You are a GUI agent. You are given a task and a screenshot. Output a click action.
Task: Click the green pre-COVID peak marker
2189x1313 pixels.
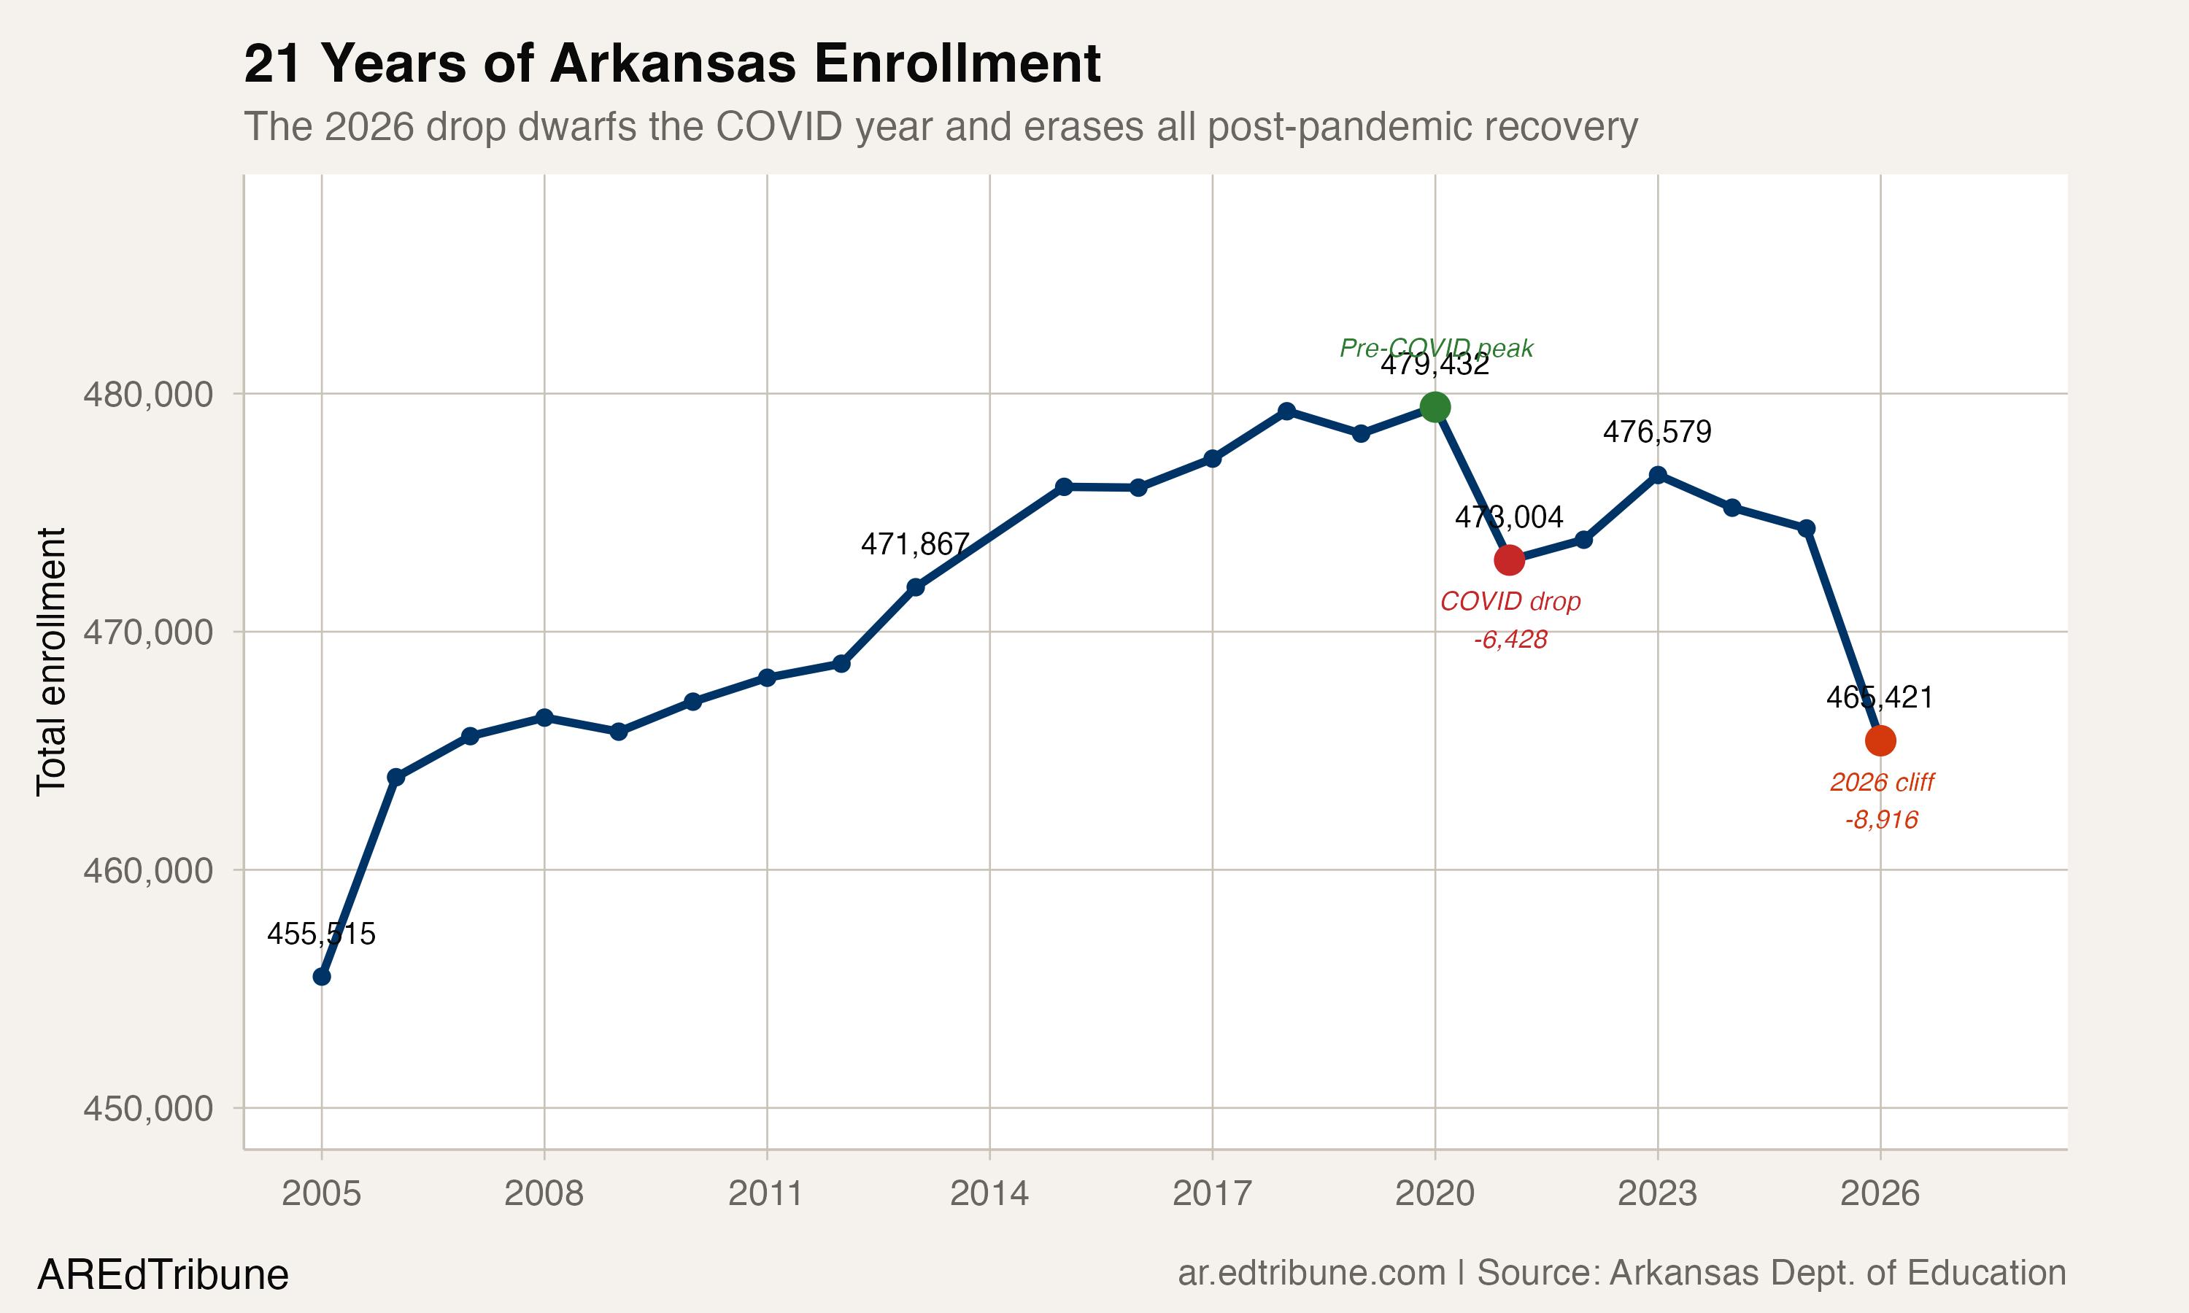tap(1435, 407)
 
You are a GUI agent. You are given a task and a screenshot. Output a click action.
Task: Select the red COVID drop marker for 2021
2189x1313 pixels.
tap(1509, 560)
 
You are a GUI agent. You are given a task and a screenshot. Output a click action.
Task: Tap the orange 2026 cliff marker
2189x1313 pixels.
tap(1880, 740)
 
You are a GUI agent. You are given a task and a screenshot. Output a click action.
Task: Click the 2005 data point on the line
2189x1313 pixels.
tap(322, 977)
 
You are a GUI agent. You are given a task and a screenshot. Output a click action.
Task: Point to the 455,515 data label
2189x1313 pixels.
tap(321, 934)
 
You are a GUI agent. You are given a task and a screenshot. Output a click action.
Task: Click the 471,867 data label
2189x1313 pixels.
tap(915, 544)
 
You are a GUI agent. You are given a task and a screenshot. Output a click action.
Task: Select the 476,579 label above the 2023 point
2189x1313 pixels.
tap(1657, 432)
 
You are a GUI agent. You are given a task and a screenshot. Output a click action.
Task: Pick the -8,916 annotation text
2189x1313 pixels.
tap(1881, 820)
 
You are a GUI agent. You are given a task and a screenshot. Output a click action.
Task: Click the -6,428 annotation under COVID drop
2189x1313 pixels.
tap(1510, 640)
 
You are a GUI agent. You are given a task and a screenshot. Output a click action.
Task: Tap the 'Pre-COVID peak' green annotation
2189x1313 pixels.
tap(1436, 348)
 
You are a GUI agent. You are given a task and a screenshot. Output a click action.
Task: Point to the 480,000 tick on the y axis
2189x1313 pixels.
tap(149, 394)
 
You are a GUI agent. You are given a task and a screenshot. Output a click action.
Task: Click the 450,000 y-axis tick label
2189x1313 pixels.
tap(149, 1108)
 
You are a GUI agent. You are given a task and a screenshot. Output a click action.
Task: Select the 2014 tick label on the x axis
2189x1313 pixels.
tap(989, 1193)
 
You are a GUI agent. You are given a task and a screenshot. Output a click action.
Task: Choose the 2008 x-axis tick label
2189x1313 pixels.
tap(544, 1193)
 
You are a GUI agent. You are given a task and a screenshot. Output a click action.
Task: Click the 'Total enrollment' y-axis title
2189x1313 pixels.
tap(51, 662)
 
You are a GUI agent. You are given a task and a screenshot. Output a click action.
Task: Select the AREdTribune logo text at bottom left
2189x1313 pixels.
tap(163, 1275)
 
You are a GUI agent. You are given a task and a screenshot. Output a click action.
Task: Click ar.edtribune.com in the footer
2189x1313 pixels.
tap(1311, 1272)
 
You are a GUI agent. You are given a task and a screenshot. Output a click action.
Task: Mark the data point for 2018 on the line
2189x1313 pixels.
tap(1286, 411)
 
